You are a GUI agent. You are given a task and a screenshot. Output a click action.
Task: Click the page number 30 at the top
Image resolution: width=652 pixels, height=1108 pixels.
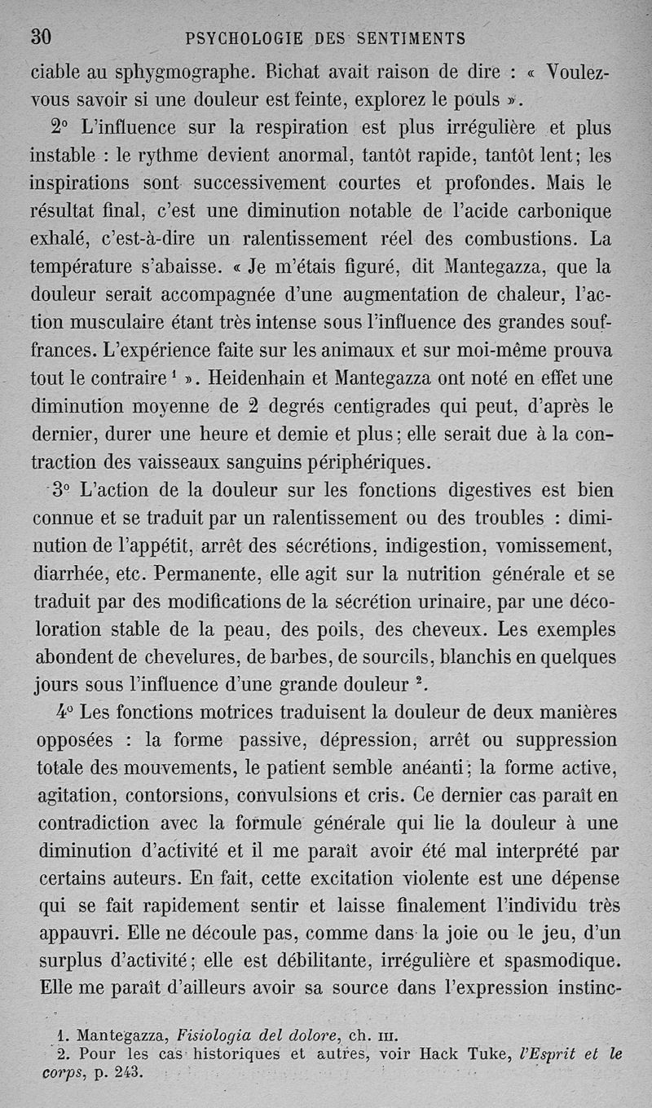click(41, 37)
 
